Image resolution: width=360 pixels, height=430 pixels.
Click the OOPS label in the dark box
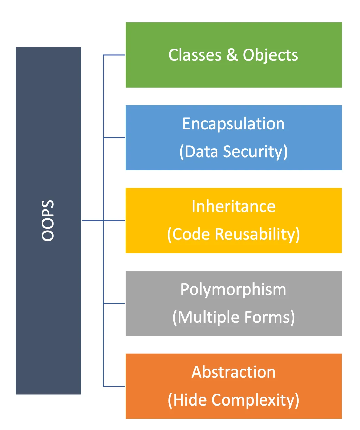[x=48, y=220]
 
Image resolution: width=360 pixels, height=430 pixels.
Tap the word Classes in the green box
[x=195, y=55]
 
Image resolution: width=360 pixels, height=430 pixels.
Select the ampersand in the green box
[x=232, y=55]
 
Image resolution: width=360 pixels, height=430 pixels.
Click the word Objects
[x=270, y=55]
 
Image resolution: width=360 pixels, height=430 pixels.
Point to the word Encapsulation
[x=233, y=124]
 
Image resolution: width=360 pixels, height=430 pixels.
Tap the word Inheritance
[x=233, y=206]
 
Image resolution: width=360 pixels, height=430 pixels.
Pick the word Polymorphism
[x=233, y=290]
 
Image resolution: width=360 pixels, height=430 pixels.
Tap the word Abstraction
[x=233, y=372]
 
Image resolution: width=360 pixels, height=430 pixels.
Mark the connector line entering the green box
[x=114, y=55]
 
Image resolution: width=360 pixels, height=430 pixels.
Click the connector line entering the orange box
[x=114, y=386]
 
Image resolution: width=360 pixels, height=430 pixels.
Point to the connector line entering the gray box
[x=114, y=303]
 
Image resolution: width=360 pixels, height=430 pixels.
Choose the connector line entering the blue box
[x=114, y=138]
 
